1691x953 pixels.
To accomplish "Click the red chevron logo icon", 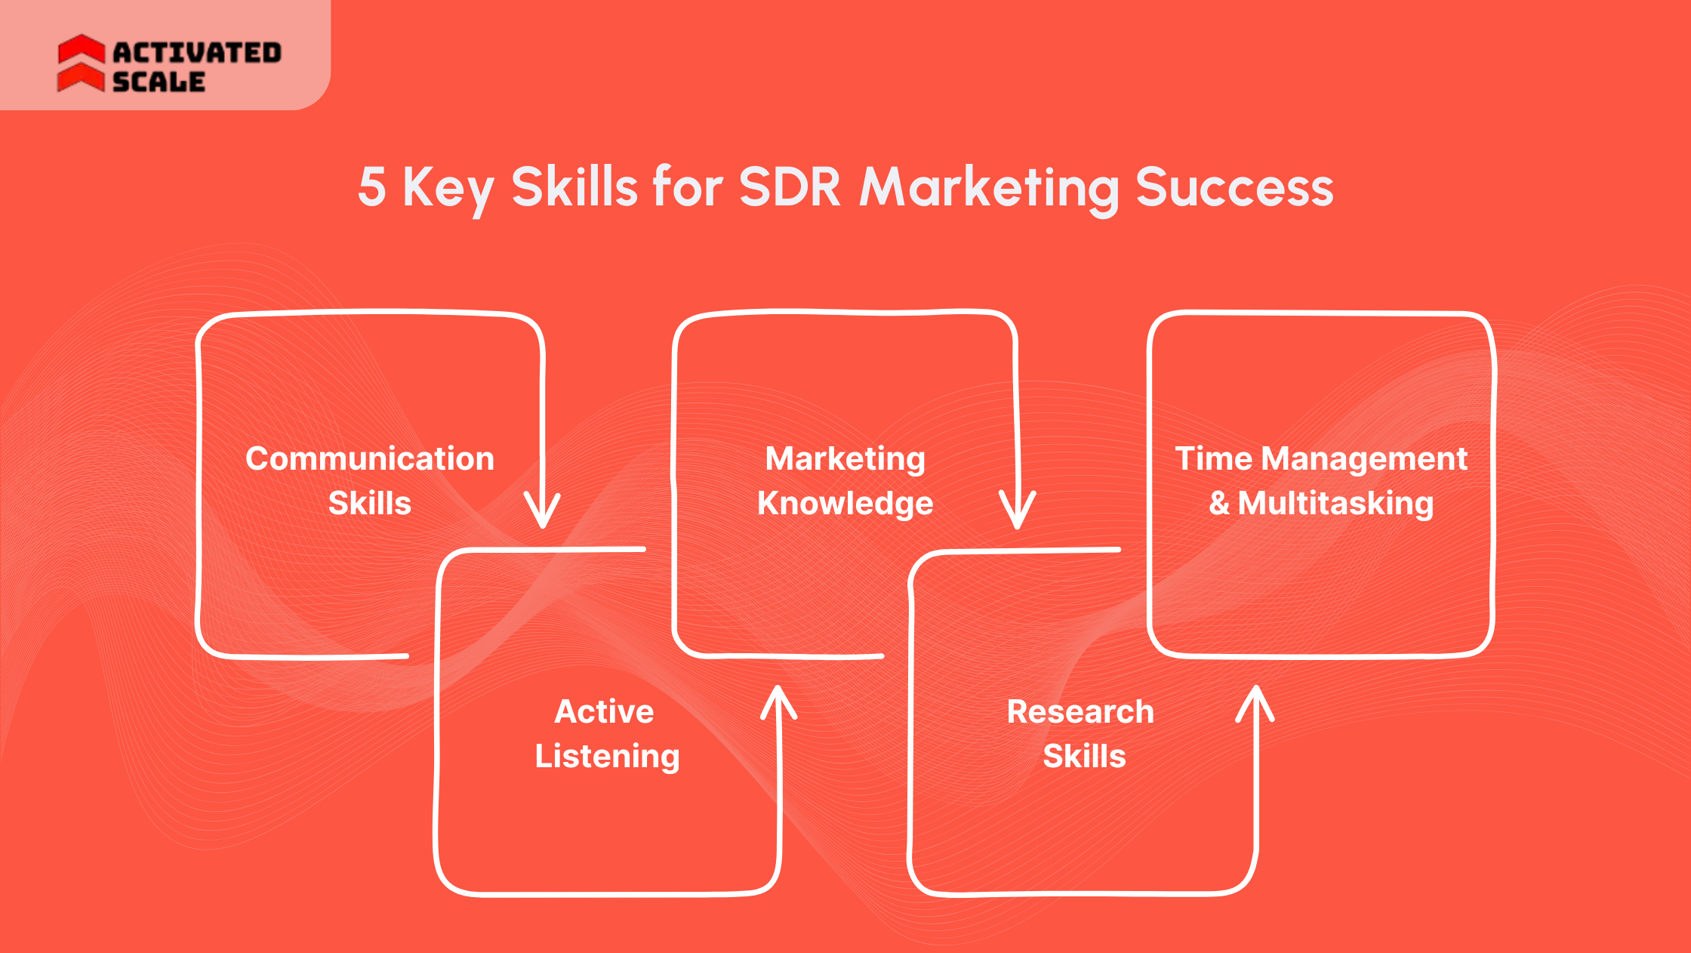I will [81, 63].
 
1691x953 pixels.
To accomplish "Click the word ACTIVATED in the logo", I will [197, 53].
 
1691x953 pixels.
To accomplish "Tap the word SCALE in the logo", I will [159, 82].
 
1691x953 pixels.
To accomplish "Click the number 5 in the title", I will [371, 187].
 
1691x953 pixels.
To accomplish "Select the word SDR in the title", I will [789, 187].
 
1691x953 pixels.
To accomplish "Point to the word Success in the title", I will [1234, 187].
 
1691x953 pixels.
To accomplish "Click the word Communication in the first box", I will [370, 458].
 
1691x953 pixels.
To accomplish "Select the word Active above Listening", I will [604, 711].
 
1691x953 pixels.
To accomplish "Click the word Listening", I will [607, 757].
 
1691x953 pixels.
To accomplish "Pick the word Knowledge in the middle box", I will [845, 504].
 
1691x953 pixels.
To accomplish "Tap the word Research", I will [1080, 711].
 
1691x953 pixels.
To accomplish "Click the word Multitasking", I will [1335, 504].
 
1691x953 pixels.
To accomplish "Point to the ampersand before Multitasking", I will [1219, 504].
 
